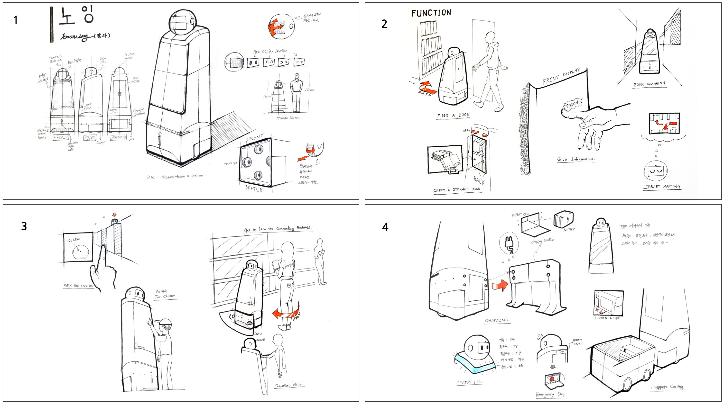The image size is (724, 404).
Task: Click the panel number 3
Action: [x=24, y=226]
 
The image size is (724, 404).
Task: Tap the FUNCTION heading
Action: [x=431, y=13]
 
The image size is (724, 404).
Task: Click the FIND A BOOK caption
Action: [x=453, y=115]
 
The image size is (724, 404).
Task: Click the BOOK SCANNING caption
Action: [x=649, y=84]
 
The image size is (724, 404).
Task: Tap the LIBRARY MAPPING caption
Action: [x=662, y=187]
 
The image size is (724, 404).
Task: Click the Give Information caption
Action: [x=575, y=159]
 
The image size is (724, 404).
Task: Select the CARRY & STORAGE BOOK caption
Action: [x=457, y=189]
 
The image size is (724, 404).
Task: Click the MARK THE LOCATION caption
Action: [x=78, y=286]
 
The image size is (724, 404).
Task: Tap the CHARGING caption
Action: [x=496, y=320]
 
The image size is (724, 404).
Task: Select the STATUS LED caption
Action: [x=469, y=382]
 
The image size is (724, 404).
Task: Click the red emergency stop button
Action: [x=552, y=379]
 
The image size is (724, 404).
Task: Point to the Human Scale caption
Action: [x=288, y=118]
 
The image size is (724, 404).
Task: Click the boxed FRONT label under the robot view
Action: [x=61, y=138]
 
